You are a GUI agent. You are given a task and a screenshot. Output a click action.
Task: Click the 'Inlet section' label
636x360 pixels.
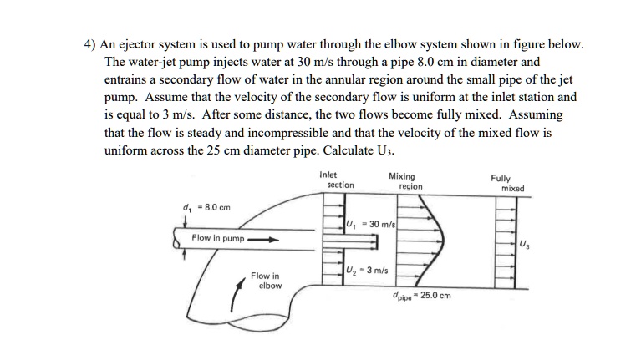click(x=337, y=180)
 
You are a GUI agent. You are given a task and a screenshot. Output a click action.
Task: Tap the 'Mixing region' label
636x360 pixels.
click(x=404, y=181)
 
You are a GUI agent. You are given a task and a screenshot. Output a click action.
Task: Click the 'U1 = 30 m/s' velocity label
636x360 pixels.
click(x=370, y=225)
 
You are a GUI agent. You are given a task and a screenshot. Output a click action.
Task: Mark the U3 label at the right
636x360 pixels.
click(x=523, y=244)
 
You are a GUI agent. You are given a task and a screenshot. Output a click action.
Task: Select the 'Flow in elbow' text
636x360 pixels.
click(x=265, y=281)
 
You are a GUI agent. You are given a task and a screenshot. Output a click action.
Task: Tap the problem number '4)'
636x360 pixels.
click(x=93, y=43)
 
